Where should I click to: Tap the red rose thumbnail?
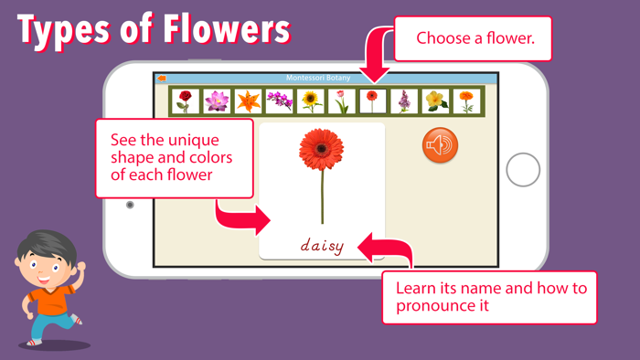pyautogui.click(x=186, y=101)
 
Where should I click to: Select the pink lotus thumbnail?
pyautogui.click(x=217, y=101)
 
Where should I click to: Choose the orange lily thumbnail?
pyautogui.click(x=248, y=101)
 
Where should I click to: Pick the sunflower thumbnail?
pyautogui.click(x=311, y=101)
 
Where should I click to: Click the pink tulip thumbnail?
pyautogui.click(x=342, y=101)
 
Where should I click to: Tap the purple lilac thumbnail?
pyautogui.click(x=404, y=101)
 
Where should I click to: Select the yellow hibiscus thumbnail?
pyautogui.click(x=435, y=101)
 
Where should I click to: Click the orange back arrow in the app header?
pyautogui.click(x=163, y=79)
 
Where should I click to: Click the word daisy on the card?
pyautogui.click(x=322, y=245)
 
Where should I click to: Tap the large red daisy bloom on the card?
pyautogui.click(x=322, y=148)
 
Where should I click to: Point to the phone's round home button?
pyautogui.click(x=523, y=169)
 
